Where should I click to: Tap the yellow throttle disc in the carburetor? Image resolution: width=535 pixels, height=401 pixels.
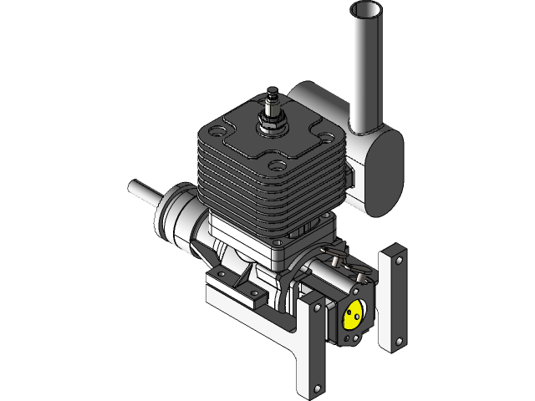[353, 315]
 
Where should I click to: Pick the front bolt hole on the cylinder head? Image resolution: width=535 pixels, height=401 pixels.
[275, 164]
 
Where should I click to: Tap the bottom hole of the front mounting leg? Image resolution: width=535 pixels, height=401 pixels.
[318, 387]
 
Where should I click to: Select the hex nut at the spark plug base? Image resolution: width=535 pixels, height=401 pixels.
[272, 123]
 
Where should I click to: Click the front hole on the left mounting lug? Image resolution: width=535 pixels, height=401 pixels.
[248, 292]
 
